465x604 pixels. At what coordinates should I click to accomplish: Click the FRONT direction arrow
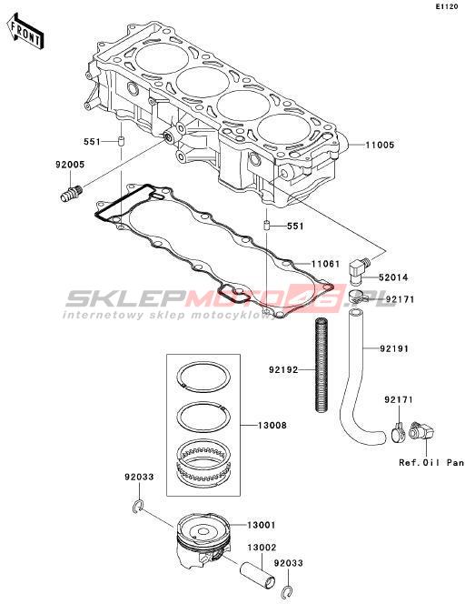tap(25, 32)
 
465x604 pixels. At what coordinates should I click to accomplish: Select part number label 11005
tap(380, 146)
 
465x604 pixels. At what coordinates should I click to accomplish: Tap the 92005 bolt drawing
tap(72, 192)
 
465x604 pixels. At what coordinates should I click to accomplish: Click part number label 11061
tap(325, 264)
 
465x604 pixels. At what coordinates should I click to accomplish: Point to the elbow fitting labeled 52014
tap(359, 270)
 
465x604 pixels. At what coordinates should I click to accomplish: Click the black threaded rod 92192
tap(322, 364)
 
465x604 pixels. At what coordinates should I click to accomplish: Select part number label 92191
tap(394, 348)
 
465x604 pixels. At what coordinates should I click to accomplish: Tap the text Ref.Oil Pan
tap(431, 463)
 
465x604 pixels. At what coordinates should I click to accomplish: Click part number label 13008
tap(272, 426)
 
